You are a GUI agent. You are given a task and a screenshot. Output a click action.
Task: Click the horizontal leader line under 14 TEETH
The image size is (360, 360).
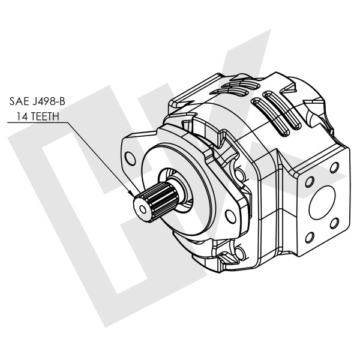coord(36,122)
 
